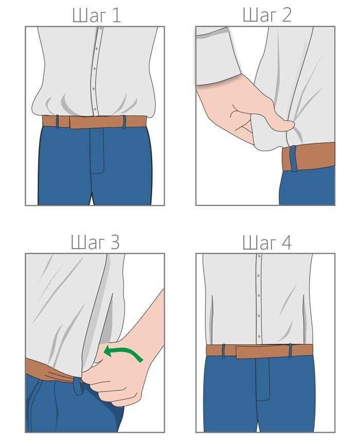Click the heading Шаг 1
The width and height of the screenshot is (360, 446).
click(x=97, y=15)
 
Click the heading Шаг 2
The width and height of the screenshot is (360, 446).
click(x=267, y=15)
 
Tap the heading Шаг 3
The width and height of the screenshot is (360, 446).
click(x=95, y=243)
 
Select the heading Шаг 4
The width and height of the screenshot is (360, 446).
click(x=267, y=243)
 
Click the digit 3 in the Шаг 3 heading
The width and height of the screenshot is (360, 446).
click(x=114, y=243)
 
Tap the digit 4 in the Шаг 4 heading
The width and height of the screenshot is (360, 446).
click(x=286, y=243)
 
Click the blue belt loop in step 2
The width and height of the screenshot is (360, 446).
click(x=294, y=159)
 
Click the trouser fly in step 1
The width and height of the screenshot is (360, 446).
click(x=97, y=151)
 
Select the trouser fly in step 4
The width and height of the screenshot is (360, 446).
click(x=263, y=379)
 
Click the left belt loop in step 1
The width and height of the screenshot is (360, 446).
click(x=58, y=121)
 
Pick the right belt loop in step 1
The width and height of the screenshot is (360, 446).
click(x=124, y=122)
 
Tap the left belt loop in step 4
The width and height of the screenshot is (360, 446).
click(x=224, y=350)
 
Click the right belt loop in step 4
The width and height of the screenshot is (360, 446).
click(x=290, y=350)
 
